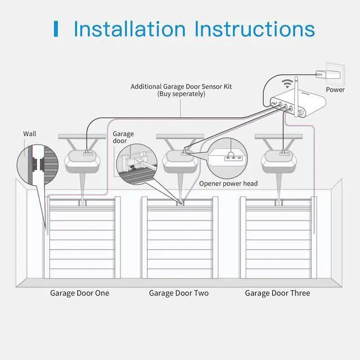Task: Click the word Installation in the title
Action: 129,29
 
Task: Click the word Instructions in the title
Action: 254,29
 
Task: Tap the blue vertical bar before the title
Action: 56,29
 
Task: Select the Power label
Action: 335,89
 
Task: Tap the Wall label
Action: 29,134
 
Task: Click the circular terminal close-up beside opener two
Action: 228,157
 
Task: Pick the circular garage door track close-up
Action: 136,162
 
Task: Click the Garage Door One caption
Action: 80,293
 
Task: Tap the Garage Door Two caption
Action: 179,293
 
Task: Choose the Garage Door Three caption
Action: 277,293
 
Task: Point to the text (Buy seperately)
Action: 181,94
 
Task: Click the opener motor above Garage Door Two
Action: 180,160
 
